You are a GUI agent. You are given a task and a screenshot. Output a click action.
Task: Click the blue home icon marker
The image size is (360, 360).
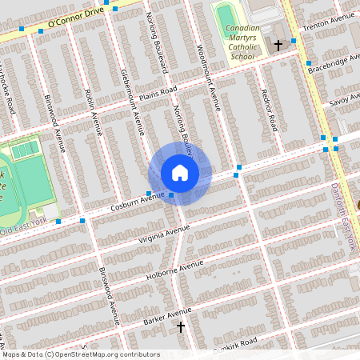tap(179, 173)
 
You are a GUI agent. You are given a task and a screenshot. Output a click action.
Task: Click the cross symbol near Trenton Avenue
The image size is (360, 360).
tap(278, 46)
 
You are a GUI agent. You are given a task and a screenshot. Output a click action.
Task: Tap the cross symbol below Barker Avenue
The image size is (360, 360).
tap(181, 326)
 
